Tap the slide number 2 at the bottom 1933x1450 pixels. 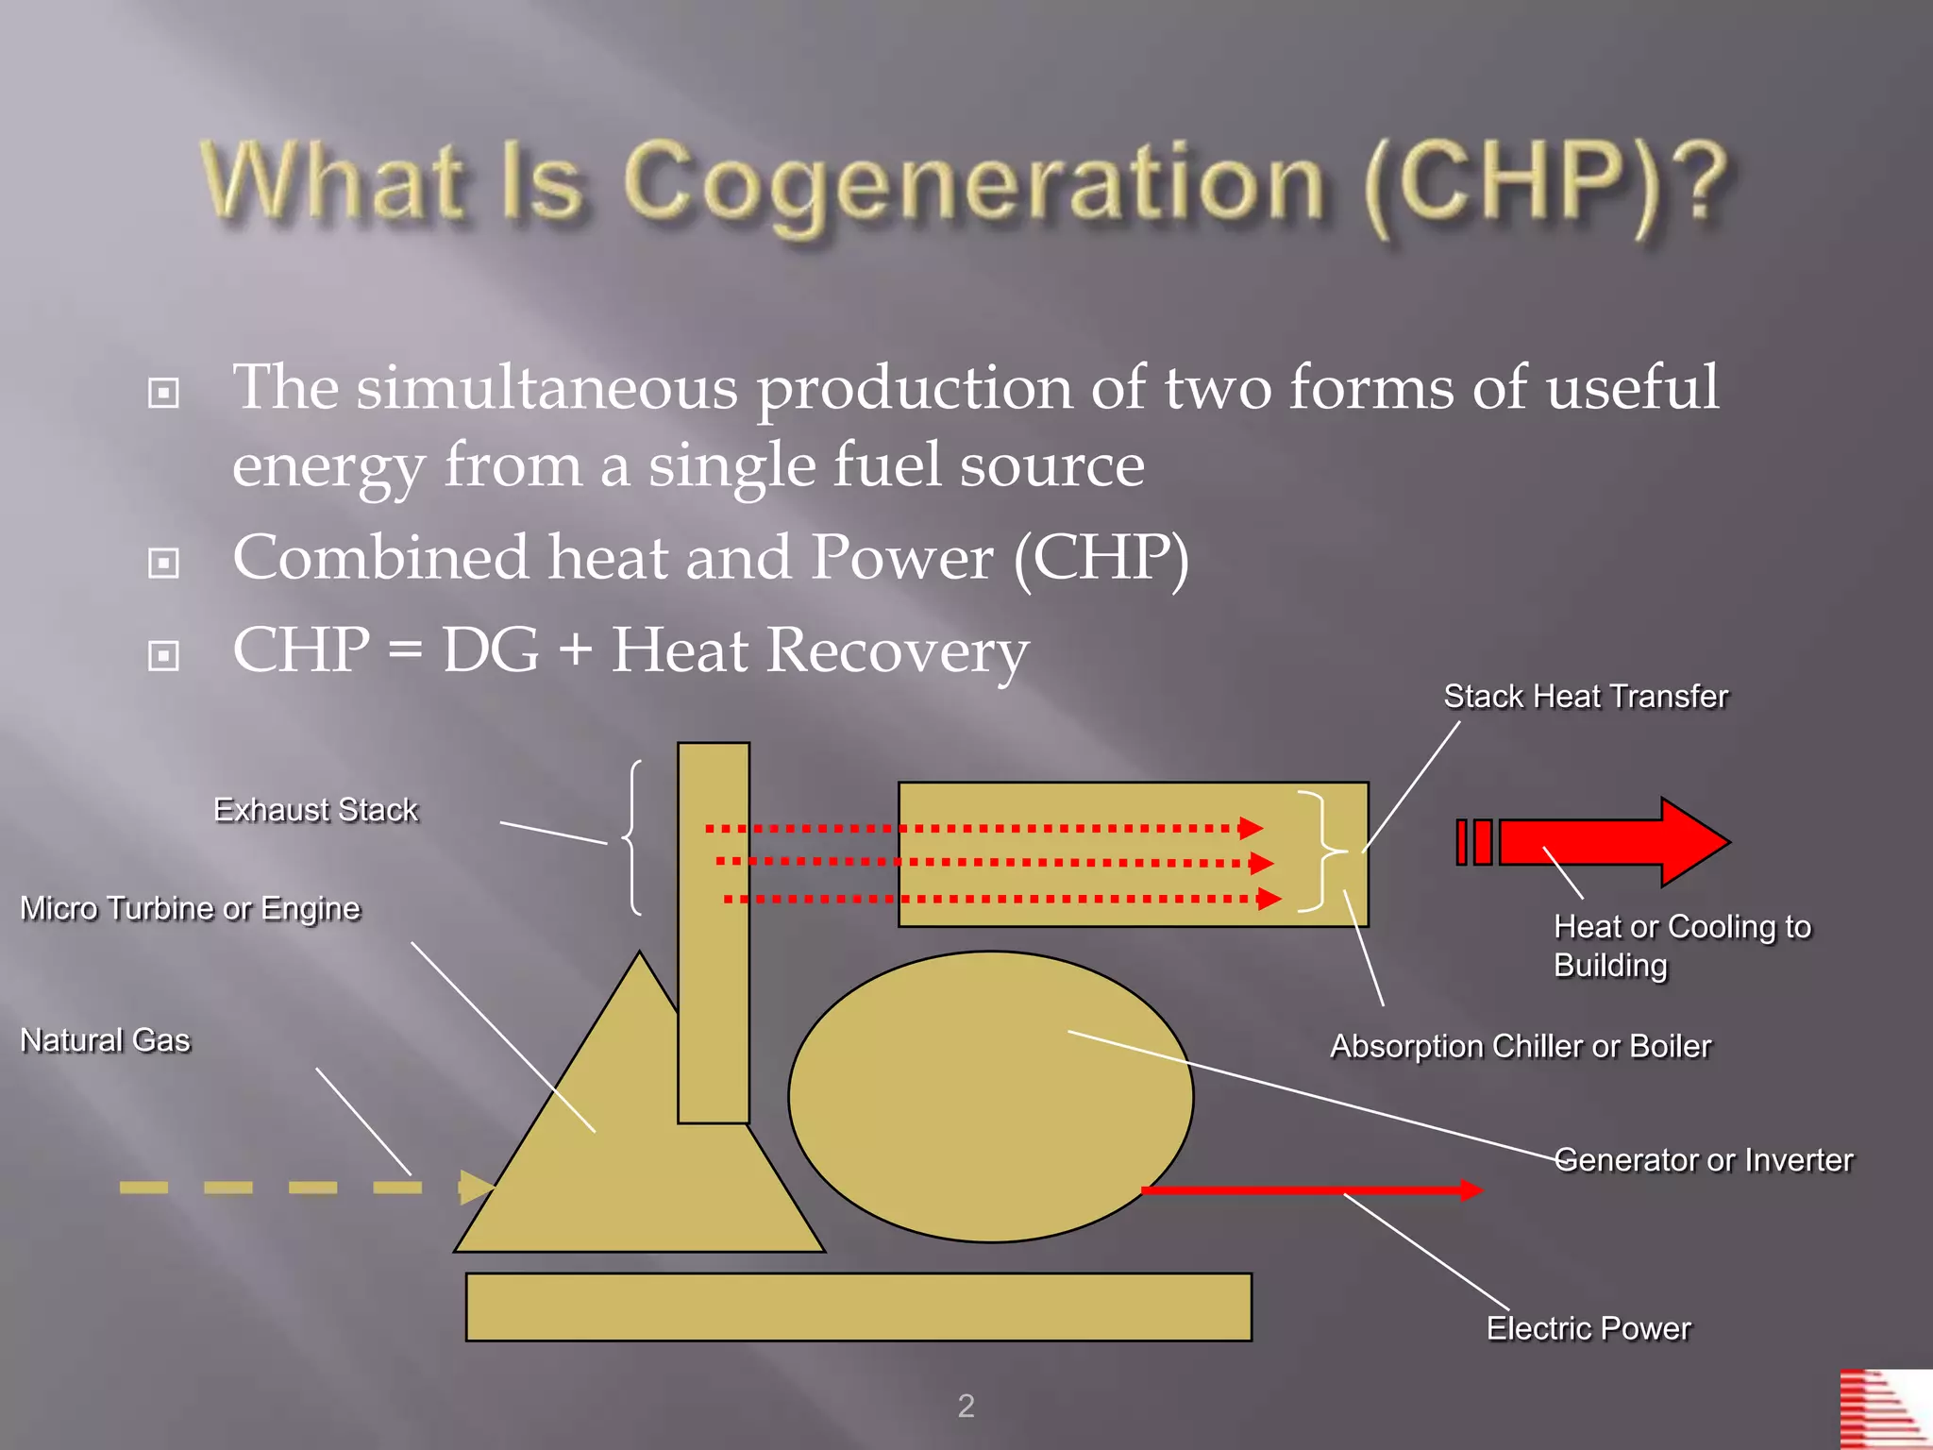966,1406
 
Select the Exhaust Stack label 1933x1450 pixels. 315,810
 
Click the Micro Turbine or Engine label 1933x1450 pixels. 190,908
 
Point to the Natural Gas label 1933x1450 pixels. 105,1040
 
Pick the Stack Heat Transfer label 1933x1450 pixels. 1586,697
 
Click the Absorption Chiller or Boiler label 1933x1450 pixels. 1520,1046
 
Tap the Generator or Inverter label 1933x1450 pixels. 1704,1159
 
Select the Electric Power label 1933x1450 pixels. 1588,1328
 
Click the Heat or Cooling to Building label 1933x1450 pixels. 1681,945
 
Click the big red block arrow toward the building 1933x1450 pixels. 1614,842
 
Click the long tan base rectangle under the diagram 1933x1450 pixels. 858,1307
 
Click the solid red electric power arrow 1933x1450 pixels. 1312,1190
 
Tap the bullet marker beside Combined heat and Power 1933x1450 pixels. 163,564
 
